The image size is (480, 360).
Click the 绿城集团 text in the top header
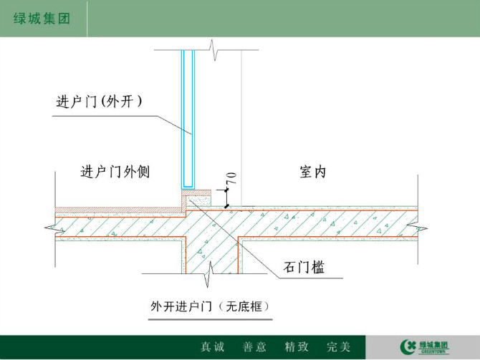click(x=42, y=19)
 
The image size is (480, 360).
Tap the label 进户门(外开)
click(x=99, y=101)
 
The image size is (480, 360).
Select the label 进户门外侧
click(x=115, y=172)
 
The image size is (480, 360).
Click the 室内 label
click(x=312, y=172)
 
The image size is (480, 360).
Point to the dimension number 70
click(x=231, y=178)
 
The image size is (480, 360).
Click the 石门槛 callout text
click(x=304, y=267)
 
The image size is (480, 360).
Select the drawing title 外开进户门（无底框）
click(x=210, y=306)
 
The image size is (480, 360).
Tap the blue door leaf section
click(x=188, y=119)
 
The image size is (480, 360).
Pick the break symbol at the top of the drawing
click(x=213, y=50)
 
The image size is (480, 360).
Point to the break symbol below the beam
click(x=210, y=274)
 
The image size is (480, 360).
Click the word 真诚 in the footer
click(x=213, y=347)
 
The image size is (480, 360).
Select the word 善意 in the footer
click(x=254, y=347)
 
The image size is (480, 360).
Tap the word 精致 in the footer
click(x=297, y=347)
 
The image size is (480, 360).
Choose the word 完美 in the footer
click(x=338, y=347)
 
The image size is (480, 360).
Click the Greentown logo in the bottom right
click(x=425, y=347)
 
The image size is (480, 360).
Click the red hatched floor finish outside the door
click(x=120, y=210)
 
